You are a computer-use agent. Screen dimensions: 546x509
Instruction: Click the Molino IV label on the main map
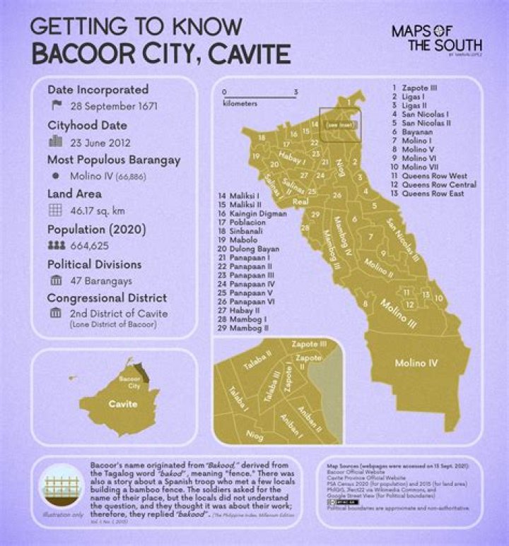pos(416,363)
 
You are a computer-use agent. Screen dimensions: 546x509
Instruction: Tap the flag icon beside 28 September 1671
pos(57,107)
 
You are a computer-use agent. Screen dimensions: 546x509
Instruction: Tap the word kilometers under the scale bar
pos(240,103)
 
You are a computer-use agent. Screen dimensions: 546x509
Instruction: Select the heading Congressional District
pos(107,298)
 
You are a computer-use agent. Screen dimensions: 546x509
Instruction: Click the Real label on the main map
pos(300,202)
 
